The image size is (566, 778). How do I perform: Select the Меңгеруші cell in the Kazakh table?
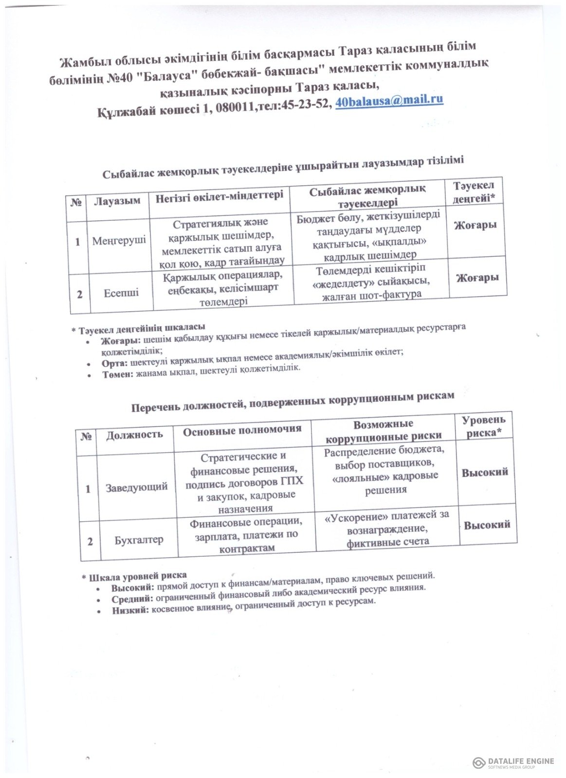click(x=119, y=240)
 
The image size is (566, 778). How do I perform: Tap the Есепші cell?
click(x=121, y=293)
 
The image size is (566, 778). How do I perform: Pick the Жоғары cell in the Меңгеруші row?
click(x=475, y=226)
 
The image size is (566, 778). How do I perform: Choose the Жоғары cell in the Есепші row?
click(x=477, y=278)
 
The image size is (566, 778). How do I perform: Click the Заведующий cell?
click(x=137, y=487)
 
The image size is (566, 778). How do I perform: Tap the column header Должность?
click(x=135, y=434)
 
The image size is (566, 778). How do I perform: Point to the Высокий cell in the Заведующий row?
click(x=485, y=472)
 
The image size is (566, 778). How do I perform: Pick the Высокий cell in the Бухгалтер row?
click(x=487, y=525)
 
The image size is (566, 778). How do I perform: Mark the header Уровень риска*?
click(x=483, y=426)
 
